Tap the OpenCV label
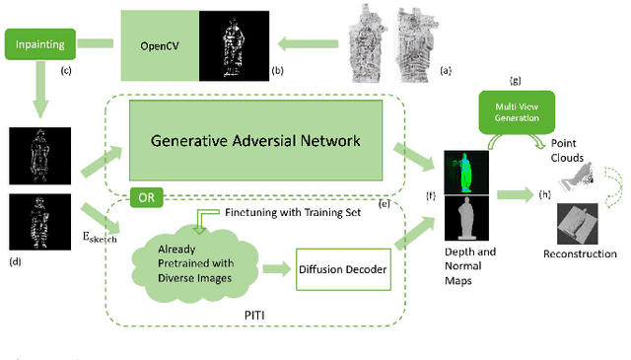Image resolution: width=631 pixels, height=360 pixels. [159, 45]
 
